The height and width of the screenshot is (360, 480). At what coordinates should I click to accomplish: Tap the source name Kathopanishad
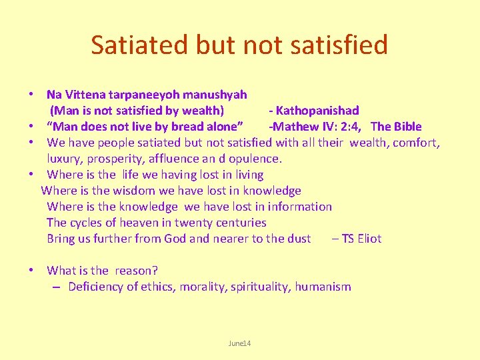tap(317, 111)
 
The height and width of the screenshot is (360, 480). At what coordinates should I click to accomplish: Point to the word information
tap(298, 207)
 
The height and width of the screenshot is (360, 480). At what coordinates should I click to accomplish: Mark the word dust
tap(298, 239)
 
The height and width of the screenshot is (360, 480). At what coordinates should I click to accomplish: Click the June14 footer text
tap(239, 343)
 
